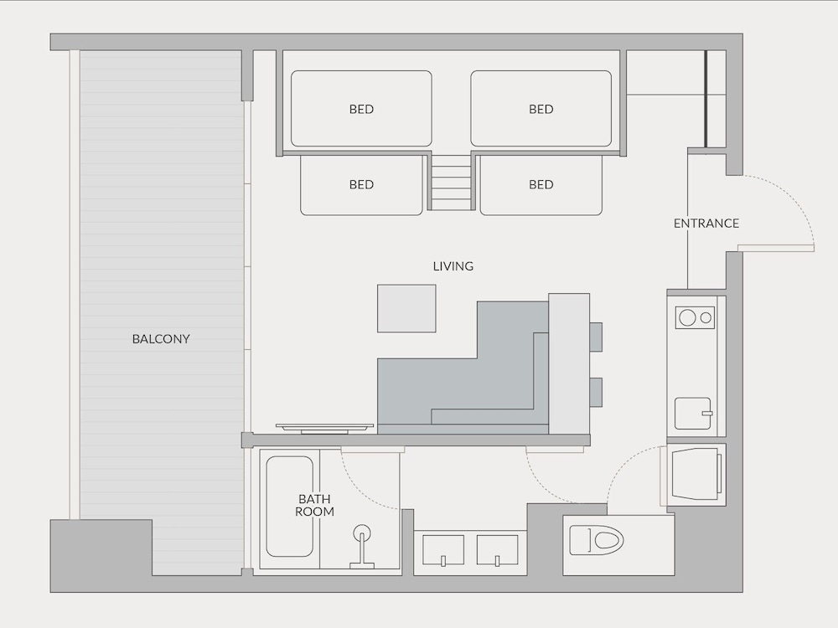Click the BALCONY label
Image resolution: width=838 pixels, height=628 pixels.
click(x=161, y=338)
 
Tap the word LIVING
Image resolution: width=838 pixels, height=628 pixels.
click(x=453, y=266)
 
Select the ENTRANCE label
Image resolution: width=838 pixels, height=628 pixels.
click(x=706, y=224)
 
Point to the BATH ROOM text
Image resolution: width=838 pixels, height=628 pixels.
click(x=315, y=505)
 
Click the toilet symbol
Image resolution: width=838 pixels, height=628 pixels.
click(x=597, y=540)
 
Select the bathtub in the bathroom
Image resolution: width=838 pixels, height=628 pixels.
click(x=290, y=507)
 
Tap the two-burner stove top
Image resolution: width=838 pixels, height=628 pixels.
click(x=695, y=317)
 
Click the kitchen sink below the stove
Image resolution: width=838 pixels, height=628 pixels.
click(x=693, y=414)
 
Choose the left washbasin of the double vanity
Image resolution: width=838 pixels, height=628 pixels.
click(x=443, y=550)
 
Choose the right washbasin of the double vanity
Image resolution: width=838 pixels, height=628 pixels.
click(x=498, y=550)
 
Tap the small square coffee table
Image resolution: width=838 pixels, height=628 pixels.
click(x=406, y=309)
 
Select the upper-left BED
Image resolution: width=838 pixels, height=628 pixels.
click(x=361, y=108)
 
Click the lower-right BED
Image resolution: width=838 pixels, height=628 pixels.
click(x=541, y=185)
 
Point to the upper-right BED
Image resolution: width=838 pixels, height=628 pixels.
click(x=541, y=108)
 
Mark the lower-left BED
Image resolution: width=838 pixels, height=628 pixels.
click(x=361, y=185)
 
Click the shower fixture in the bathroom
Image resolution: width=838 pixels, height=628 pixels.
click(x=362, y=546)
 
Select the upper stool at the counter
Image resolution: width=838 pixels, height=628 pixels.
click(x=596, y=337)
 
